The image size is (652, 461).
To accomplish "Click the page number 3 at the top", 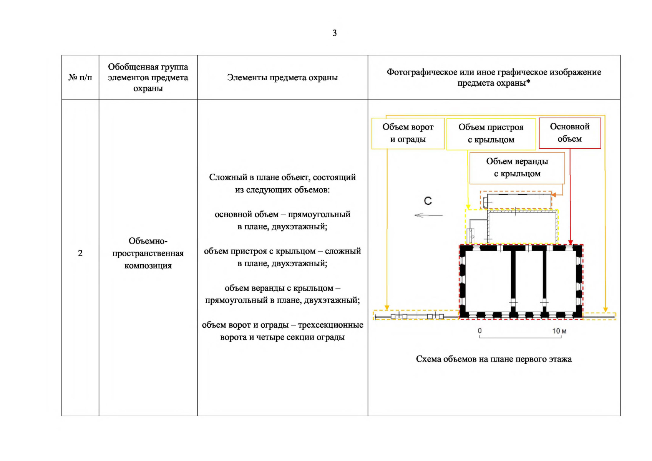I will [334, 33].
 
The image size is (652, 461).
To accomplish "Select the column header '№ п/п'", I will [80, 78].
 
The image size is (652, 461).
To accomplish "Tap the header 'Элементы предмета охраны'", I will [282, 78].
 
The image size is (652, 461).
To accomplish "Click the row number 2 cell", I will [80, 253].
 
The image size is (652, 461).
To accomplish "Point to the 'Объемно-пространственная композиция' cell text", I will [148, 253].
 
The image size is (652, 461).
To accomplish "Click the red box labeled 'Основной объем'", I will [569, 133].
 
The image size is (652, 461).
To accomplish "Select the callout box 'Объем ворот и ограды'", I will [408, 133].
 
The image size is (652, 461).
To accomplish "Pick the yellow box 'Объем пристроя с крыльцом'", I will [491, 134].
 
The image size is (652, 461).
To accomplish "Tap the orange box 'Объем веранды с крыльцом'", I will [517, 168].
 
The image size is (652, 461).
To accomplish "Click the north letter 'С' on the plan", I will [428, 201].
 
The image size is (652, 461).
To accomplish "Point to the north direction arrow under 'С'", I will [428, 215].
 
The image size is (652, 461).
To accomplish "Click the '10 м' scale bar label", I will [559, 331].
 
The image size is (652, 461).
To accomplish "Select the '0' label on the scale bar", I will [479, 331].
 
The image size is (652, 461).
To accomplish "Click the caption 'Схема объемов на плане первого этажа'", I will [494, 359].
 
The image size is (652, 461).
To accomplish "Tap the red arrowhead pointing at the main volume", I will [571, 242].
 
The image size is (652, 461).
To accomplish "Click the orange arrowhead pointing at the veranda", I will [554, 195].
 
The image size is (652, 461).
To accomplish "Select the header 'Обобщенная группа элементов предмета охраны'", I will [148, 78].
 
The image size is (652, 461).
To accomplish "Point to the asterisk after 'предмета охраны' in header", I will [528, 82].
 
